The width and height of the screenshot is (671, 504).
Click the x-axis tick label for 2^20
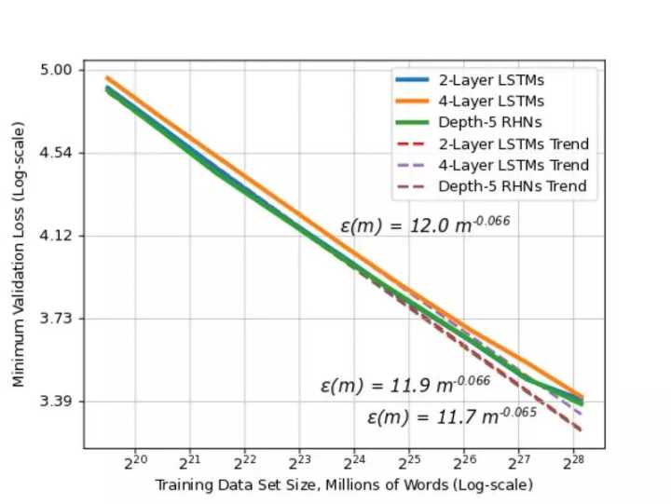coord(135,460)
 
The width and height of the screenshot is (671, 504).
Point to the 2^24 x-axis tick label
coord(354,460)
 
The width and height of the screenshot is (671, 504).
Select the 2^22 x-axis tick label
coord(244,460)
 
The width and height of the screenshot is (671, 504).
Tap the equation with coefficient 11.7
coord(451,415)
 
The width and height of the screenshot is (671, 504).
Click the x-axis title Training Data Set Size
coord(344,485)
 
